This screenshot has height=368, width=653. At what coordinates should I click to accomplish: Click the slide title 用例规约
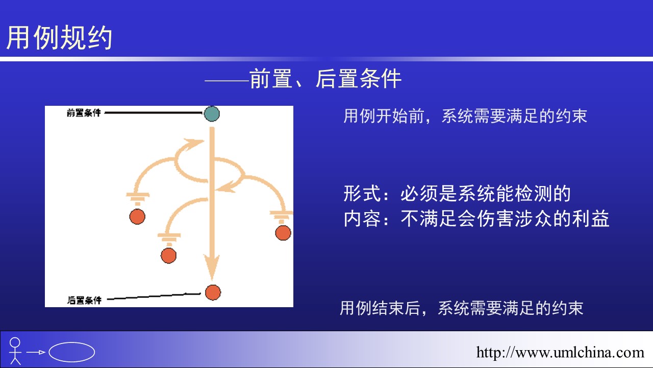click(x=59, y=37)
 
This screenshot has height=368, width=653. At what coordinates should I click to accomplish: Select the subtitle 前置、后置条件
click(x=325, y=79)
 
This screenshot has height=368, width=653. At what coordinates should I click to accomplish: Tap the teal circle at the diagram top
click(x=212, y=113)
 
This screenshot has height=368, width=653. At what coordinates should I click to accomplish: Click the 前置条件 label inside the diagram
click(x=84, y=113)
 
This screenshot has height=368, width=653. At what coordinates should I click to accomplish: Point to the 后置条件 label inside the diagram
click(x=84, y=300)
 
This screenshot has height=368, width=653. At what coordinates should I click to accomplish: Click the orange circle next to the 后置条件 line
click(x=213, y=293)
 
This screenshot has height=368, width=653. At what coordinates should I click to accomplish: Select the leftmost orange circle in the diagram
click(x=137, y=217)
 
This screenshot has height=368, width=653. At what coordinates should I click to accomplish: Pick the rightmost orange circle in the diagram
click(x=283, y=233)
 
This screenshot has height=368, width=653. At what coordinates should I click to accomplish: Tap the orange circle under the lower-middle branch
click(x=168, y=256)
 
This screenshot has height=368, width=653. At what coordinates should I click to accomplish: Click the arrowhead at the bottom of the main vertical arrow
click(x=212, y=267)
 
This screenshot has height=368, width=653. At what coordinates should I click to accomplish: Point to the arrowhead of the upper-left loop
click(x=193, y=144)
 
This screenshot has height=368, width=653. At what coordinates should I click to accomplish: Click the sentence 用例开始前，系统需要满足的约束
click(x=465, y=116)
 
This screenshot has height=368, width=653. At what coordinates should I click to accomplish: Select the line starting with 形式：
click(x=457, y=193)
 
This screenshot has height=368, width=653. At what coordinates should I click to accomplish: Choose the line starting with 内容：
click(x=476, y=218)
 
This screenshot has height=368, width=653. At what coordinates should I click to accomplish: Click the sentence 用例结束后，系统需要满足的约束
click(x=462, y=308)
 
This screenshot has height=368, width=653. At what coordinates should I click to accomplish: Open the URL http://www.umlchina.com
click(x=560, y=352)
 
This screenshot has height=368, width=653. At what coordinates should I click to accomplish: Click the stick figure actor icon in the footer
click(x=15, y=351)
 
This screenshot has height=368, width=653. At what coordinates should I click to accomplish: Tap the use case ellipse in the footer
click(x=72, y=352)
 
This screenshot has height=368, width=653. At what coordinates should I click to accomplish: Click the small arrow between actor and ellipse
click(x=36, y=352)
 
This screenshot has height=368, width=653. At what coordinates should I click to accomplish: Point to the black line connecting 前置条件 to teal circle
click(x=154, y=112)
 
